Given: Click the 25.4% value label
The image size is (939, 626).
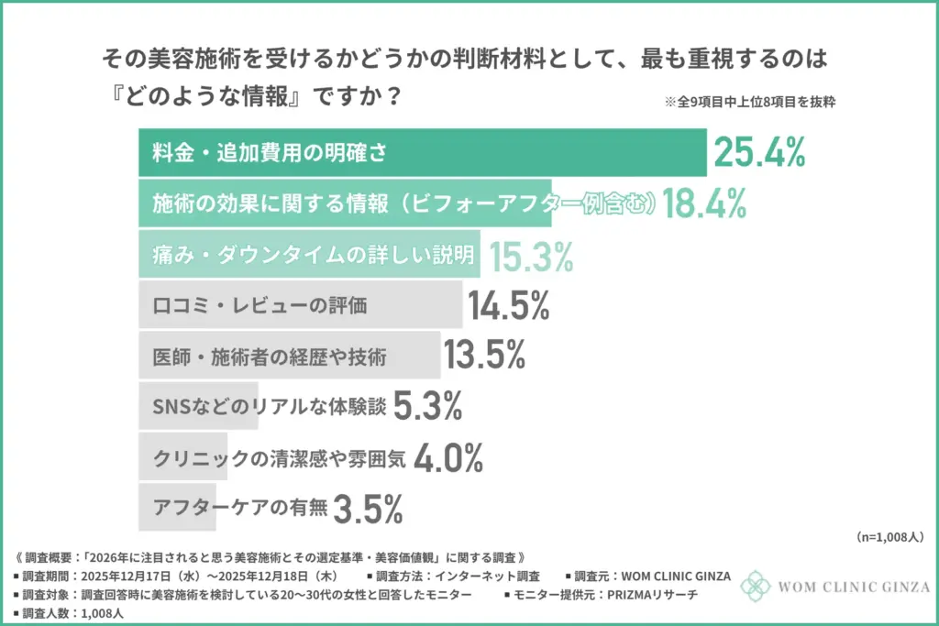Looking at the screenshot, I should tap(759, 153).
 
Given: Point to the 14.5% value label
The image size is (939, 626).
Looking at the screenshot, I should tap(508, 305).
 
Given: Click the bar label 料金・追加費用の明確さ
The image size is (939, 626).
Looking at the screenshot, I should tap(269, 153).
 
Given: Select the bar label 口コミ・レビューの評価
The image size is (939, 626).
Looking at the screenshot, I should tap(260, 305).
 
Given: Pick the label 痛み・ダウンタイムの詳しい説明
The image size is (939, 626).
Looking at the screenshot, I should tap(313, 255).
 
